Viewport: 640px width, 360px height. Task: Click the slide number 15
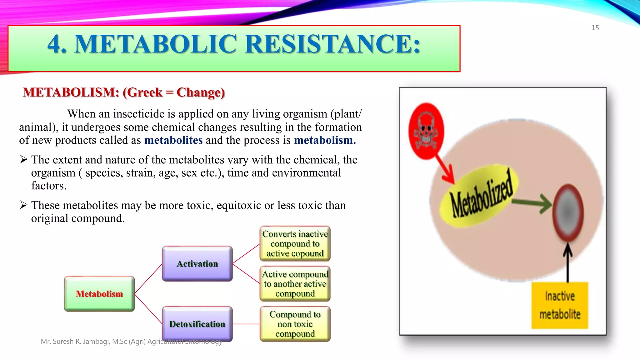point(595,28)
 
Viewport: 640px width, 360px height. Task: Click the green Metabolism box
point(99,294)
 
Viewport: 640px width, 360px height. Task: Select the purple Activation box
point(197,264)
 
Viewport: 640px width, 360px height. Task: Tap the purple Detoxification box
point(197,324)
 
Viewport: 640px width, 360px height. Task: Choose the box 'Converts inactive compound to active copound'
point(295,244)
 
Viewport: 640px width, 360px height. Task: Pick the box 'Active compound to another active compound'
point(295,284)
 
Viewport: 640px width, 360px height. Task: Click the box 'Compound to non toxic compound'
point(295,324)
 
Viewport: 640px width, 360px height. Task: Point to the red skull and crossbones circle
point(426,131)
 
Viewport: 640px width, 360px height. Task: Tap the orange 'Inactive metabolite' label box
point(560,305)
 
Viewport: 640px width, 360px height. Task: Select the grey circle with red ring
point(568,213)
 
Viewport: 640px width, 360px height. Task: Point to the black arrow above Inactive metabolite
point(568,262)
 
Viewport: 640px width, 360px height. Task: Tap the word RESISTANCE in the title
point(333,44)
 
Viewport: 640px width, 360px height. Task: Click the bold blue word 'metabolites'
point(173,140)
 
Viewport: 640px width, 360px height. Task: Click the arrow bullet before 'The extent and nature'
point(24,160)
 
